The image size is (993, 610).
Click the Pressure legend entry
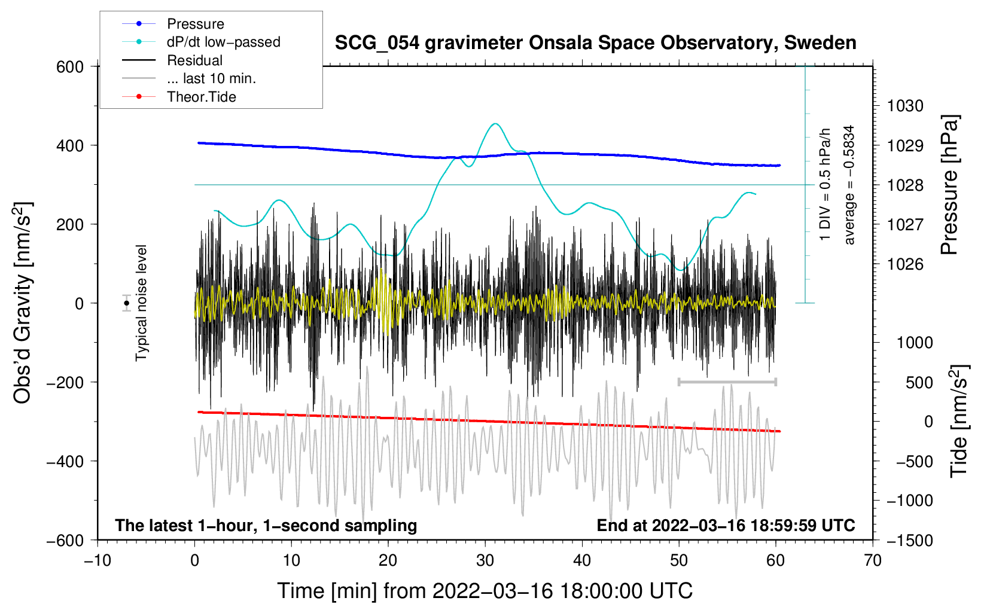click(x=195, y=24)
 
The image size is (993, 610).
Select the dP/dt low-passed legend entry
click(x=223, y=42)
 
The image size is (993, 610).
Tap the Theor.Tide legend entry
click(x=201, y=97)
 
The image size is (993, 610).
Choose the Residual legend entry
click(x=194, y=60)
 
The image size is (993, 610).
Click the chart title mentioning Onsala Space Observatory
click(x=595, y=43)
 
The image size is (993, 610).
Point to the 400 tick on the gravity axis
click(x=70, y=145)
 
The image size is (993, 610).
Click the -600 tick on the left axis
click(x=65, y=540)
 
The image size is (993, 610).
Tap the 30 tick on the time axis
click(x=485, y=560)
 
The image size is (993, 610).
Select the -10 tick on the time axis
click(x=98, y=560)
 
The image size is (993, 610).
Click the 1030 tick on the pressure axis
click(x=905, y=106)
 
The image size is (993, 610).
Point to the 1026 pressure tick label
click(x=905, y=264)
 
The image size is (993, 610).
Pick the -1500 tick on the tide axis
click(x=909, y=540)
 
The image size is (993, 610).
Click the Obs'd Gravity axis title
click(x=23, y=303)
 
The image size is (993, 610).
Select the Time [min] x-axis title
click(x=485, y=591)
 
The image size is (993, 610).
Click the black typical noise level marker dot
click(x=127, y=303)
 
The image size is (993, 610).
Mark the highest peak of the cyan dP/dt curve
click(x=495, y=124)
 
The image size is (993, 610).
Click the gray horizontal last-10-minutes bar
click(x=727, y=382)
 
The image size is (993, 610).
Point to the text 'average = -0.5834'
click(x=849, y=185)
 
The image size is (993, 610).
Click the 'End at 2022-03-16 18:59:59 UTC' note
click(x=726, y=525)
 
